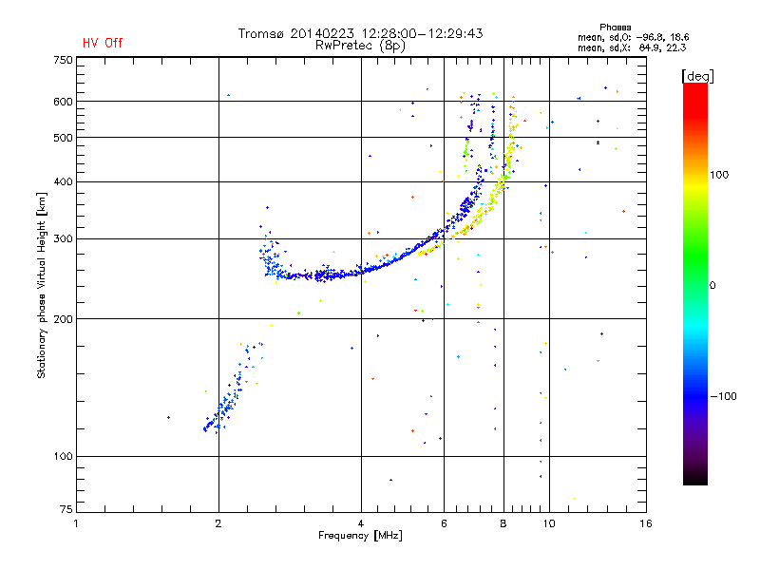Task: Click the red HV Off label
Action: coord(103,43)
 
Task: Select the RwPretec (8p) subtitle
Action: coord(360,45)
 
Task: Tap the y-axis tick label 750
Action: coord(63,60)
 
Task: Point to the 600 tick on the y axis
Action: coord(63,102)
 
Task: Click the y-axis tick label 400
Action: coord(63,181)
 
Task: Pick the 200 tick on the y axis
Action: coord(63,318)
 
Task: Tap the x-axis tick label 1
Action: coord(77,523)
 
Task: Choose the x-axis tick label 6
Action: coord(444,523)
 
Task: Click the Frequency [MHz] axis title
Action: coord(360,536)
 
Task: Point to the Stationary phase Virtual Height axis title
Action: coord(42,285)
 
